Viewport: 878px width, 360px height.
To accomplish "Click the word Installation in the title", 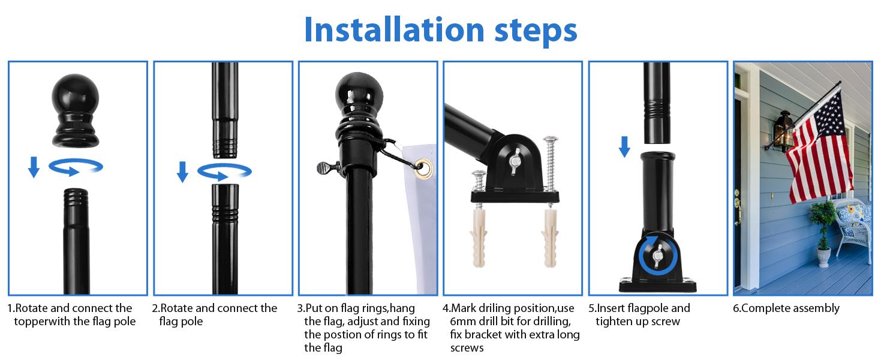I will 392,29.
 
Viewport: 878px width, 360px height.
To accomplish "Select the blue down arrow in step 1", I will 34,167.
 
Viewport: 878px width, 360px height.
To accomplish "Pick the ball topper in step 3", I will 359,93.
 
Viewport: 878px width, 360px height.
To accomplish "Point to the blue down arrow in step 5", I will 624,146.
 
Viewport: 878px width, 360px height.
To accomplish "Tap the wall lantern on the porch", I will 783,129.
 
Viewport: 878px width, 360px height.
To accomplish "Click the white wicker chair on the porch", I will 853,228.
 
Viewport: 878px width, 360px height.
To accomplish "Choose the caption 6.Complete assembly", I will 786,308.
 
